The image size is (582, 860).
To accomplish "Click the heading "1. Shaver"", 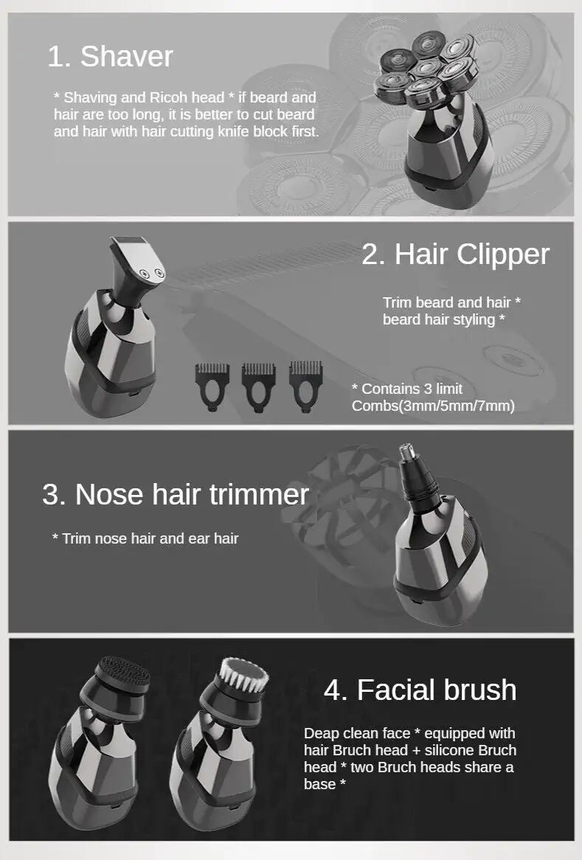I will pos(110,57).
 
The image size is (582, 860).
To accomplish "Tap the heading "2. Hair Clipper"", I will pos(455,254).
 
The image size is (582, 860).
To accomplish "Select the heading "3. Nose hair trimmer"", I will pos(175,494).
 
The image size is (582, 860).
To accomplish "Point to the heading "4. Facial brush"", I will pos(420,690).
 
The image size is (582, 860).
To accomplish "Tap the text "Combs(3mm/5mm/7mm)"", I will pos(433,406).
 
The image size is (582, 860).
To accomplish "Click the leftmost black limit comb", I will pos(212,381).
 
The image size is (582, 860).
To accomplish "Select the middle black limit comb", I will pos(259,381).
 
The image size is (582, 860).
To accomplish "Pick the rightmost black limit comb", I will pos(306,381).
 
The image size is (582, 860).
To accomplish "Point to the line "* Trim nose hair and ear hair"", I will pos(145,538).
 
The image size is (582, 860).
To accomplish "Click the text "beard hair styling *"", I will pos(443,319).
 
